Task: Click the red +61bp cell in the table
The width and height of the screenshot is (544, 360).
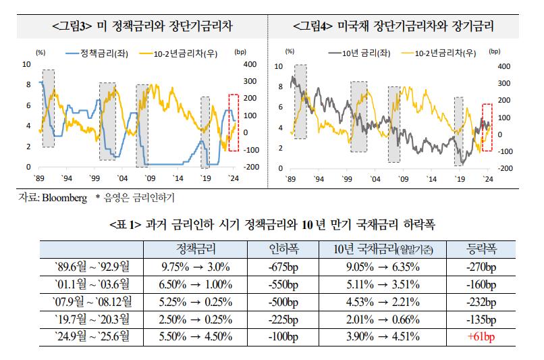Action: pos(481,336)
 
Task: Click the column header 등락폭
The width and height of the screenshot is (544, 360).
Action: pos(481,248)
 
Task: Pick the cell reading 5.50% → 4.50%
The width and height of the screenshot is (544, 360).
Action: pos(196,336)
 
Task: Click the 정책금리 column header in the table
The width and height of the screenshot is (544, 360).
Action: pos(196,248)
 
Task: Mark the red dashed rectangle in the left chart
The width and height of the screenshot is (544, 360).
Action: pos(234,122)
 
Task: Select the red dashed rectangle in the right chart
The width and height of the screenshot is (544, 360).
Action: pos(487,123)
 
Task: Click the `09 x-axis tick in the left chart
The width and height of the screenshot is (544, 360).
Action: pos(150,178)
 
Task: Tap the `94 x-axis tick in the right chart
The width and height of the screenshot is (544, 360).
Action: pos(319,179)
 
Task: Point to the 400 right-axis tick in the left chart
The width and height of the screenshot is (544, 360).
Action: pos(241,64)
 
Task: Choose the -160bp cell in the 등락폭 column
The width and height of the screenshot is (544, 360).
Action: pos(481,284)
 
